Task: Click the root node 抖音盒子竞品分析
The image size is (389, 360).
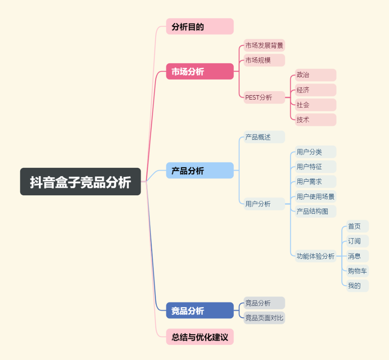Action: [80, 181]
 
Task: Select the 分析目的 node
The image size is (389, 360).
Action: [200, 26]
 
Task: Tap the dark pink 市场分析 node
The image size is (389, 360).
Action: [200, 71]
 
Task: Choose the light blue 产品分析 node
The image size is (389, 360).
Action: [200, 170]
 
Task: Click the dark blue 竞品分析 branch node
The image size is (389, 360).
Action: [200, 310]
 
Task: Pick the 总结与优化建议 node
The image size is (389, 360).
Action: [200, 337]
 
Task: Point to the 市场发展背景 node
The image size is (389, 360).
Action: [264, 45]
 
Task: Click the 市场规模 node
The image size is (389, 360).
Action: [264, 60]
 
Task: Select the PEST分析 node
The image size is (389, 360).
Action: [264, 97]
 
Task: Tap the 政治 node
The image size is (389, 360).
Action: [316, 75]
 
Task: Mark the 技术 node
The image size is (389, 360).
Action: [316, 120]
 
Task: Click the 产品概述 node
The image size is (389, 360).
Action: [264, 137]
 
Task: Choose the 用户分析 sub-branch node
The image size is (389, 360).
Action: [264, 204]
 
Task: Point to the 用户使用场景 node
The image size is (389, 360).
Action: [316, 196]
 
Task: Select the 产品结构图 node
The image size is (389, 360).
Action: [316, 211]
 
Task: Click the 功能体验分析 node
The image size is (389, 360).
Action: [316, 256]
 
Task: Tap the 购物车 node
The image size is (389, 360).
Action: [358, 271]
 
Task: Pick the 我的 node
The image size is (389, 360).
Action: [358, 286]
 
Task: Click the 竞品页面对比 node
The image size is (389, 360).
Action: [264, 318]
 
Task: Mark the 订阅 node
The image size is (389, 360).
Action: [358, 241]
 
